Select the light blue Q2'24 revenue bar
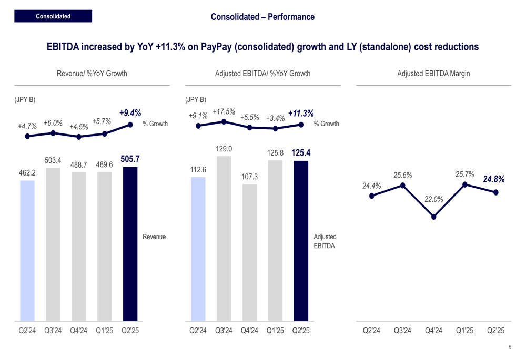[x=27, y=250]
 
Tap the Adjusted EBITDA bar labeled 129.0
[x=224, y=238]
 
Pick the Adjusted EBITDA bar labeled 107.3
[x=250, y=252]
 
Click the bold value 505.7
[x=130, y=158]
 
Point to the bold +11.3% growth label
[x=301, y=113]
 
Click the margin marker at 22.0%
[x=434, y=217]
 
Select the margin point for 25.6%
[x=403, y=185]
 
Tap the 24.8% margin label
[x=494, y=179]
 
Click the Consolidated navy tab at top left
[x=53, y=16]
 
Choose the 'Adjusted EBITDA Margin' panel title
[x=433, y=74]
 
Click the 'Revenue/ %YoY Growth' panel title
[x=92, y=74]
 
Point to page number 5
[x=510, y=347]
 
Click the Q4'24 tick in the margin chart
[x=433, y=331]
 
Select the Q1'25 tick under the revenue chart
[x=104, y=331]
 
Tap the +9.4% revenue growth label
[x=130, y=112]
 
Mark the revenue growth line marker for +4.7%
[x=27, y=136]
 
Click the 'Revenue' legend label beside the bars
[x=154, y=237]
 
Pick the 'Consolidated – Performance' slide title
[x=262, y=17]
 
